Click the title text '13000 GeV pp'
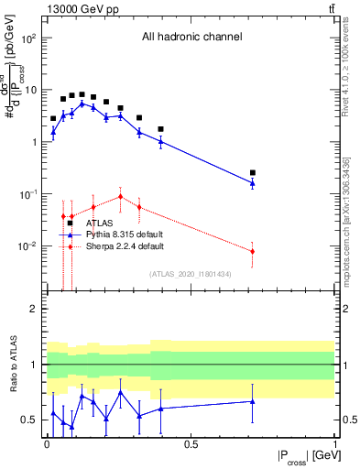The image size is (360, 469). pos(74,9)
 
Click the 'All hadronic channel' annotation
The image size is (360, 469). pos(191,37)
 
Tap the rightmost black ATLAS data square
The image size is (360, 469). pos(253,172)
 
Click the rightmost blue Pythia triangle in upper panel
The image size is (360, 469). pos(253,183)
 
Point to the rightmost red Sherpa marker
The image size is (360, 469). pos(253,251)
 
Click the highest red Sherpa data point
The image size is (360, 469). pos(121,196)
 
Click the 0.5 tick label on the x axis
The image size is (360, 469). pos(191,443)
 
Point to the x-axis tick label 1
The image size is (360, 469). pos(334,443)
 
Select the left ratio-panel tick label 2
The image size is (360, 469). pos(32,309)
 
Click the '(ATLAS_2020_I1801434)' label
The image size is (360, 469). pos(191,274)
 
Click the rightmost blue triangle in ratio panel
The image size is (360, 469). pos(253,401)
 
